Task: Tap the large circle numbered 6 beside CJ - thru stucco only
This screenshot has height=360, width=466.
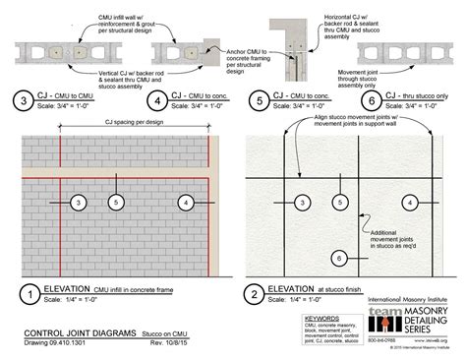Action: coord(369,100)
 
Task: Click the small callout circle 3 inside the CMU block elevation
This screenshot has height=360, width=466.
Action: coord(77,202)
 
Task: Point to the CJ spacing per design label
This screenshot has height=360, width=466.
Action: coord(117,122)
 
